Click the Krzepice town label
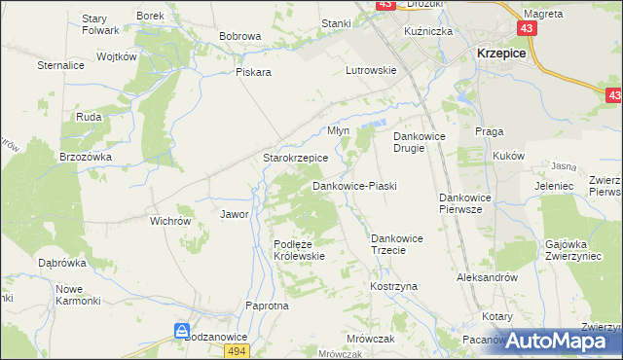pyautogui.click(x=500, y=54)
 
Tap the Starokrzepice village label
pyautogui.click(x=296, y=158)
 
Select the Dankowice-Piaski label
pyautogui.click(x=354, y=185)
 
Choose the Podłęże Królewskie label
pyautogui.click(x=298, y=250)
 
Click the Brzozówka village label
pyautogui.click(x=86, y=157)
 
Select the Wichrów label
pyautogui.click(x=169, y=221)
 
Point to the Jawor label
pyautogui.click(x=235, y=214)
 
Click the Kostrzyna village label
pyautogui.click(x=393, y=287)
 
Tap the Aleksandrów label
pyautogui.click(x=485, y=277)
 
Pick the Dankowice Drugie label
pyautogui.click(x=419, y=143)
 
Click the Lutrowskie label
pyautogui.click(x=371, y=70)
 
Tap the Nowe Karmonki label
pyautogui.click(x=78, y=295)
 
